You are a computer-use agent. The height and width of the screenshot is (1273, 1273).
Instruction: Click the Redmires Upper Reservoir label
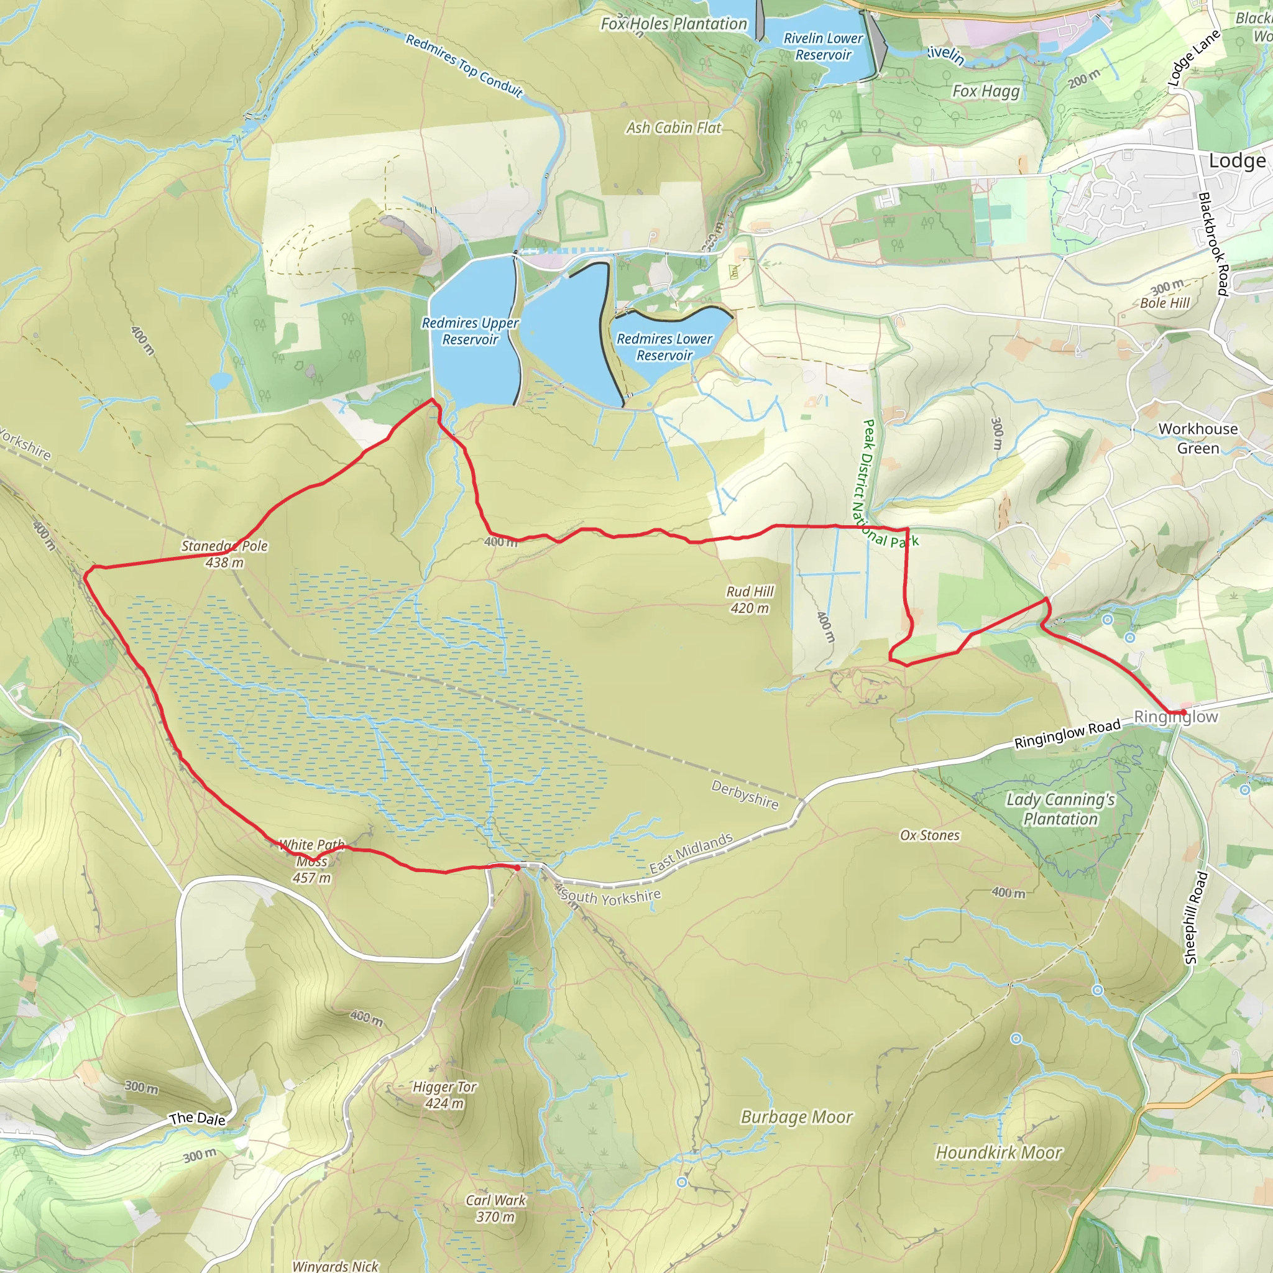pos(470,331)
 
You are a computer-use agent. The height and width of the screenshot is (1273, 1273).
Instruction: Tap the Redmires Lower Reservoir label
pos(664,347)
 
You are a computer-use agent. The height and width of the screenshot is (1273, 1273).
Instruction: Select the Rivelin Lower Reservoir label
pos(823,47)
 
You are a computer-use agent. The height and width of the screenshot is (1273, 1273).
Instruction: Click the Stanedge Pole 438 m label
pos(224,554)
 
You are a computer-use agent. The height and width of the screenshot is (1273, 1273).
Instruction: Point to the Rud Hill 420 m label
pos(750,600)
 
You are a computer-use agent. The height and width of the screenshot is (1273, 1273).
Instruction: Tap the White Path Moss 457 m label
pos(311,861)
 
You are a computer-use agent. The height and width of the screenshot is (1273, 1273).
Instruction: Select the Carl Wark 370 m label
pos(495,1208)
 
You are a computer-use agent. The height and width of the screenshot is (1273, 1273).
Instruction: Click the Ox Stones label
pos(930,835)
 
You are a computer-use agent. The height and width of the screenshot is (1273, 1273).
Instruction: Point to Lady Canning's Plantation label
pos(1060,809)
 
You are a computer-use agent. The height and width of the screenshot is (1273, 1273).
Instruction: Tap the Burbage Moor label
pos(797,1117)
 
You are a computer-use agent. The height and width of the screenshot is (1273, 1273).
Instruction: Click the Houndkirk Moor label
pos(999,1152)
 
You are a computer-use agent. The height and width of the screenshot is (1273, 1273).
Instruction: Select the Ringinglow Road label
pos(1067,734)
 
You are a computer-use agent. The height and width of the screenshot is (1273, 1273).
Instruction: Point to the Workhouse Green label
pos(1198,438)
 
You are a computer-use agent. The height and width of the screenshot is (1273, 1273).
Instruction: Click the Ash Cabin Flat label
pos(673,128)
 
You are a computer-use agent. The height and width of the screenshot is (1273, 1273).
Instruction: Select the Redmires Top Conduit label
pos(464,65)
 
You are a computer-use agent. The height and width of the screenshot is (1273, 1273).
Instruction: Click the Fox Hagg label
pos(986,91)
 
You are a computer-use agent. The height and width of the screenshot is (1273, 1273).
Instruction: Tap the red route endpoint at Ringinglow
pos(1183,713)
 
